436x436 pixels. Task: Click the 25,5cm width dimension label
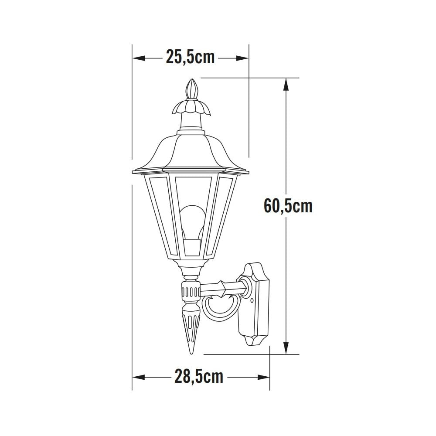coord(190,57)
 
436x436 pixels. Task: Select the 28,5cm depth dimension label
coord(199,376)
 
